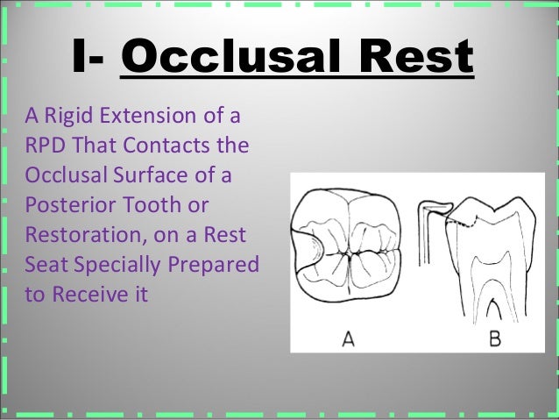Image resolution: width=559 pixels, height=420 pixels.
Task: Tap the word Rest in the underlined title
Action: tap(420, 59)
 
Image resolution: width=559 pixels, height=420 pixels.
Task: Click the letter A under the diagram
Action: tap(348, 338)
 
